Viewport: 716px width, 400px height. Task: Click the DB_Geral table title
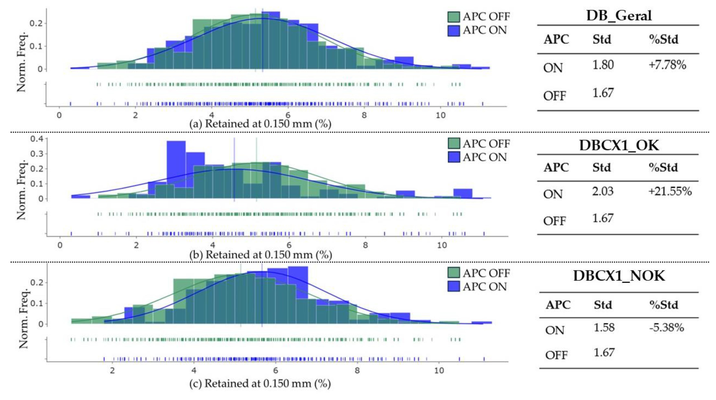(619, 15)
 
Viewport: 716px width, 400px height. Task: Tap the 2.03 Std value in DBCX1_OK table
(603, 191)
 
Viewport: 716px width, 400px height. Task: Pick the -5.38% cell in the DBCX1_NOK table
(667, 328)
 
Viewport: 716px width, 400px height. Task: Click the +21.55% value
(670, 191)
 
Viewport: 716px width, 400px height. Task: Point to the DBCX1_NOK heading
(619, 276)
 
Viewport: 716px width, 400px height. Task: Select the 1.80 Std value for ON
(603, 65)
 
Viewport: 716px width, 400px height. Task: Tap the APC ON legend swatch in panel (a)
(454, 30)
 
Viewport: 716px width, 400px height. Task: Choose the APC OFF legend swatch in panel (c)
(454, 273)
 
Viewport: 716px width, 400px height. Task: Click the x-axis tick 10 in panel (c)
(439, 371)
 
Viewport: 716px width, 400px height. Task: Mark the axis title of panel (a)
(260, 124)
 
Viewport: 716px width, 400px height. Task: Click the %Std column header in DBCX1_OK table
(663, 168)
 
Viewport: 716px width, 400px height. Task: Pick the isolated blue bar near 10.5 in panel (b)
(463, 193)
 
